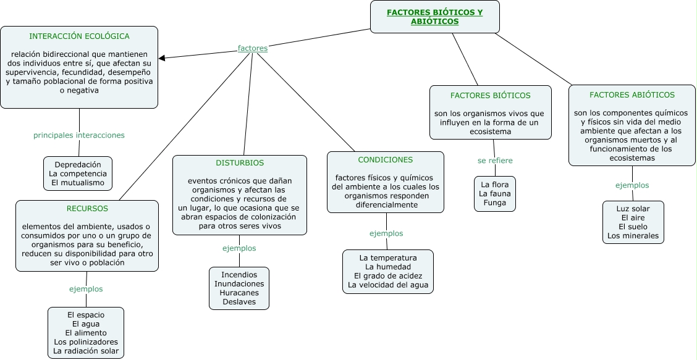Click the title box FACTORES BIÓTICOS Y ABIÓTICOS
tap(434, 17)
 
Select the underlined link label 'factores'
tap(252, 48)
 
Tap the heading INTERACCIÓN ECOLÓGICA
tap(79, 36)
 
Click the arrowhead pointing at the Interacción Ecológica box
tap(162, 59)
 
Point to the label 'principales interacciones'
tap(78, 135)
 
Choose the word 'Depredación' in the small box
tap(78, 165)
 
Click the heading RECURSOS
tap(87, 209)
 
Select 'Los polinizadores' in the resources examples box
tap(86, 341)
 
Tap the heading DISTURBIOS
tap(239, 163)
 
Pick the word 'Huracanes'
tap(239, 293)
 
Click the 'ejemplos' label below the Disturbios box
tap(239, 248)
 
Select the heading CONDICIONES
tap(385, 159)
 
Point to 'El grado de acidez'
tap(387, 275)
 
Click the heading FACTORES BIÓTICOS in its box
tap(490, 95)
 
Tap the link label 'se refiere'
tap(495, 161)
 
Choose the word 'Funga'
tap(494, 203)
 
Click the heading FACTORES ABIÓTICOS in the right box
tap(632, 94)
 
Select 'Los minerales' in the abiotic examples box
tap(633, 235)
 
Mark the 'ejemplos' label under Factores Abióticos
tap(632, 185)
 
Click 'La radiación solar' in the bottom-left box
tap(86, 351)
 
